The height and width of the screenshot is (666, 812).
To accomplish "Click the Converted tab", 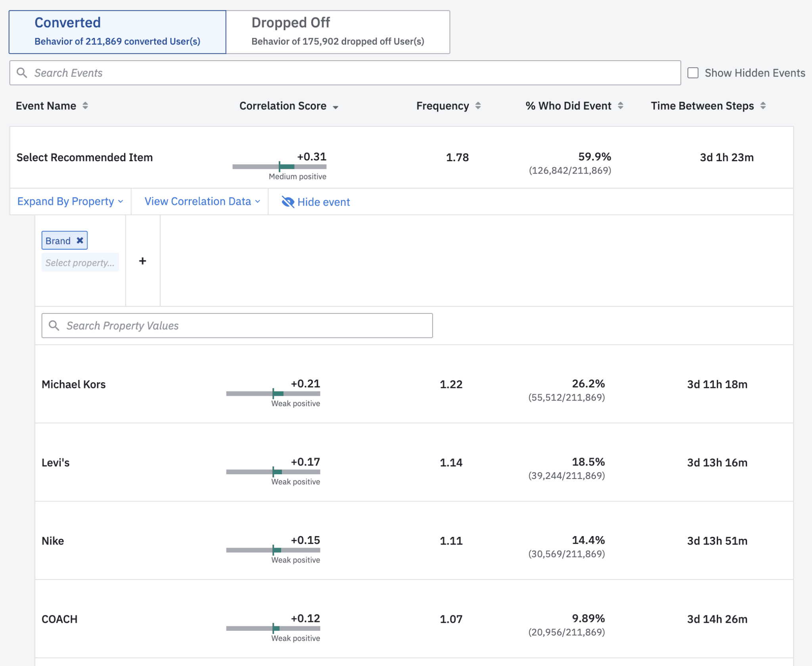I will (117, 32).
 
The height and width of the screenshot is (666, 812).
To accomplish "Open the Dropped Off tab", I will (338, 32).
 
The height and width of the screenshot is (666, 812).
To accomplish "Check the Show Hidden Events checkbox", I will (693, 73).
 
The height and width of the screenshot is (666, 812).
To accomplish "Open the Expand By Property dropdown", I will (70, 202).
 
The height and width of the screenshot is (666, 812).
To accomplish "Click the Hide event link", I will (316, 202).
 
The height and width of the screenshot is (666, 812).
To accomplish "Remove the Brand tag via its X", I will (80, 240).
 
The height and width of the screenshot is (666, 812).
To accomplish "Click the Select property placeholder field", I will (80, 263).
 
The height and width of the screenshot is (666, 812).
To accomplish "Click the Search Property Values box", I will (237, 326).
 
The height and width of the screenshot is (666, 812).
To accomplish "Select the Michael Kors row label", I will (74, 384).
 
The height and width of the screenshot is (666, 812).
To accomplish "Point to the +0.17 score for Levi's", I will (305, 462).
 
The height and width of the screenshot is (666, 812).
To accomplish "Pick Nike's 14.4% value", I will (588, 540).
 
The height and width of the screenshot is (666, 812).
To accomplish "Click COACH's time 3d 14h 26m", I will (717, 619).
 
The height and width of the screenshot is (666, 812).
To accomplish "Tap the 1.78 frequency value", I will (457, 158).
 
